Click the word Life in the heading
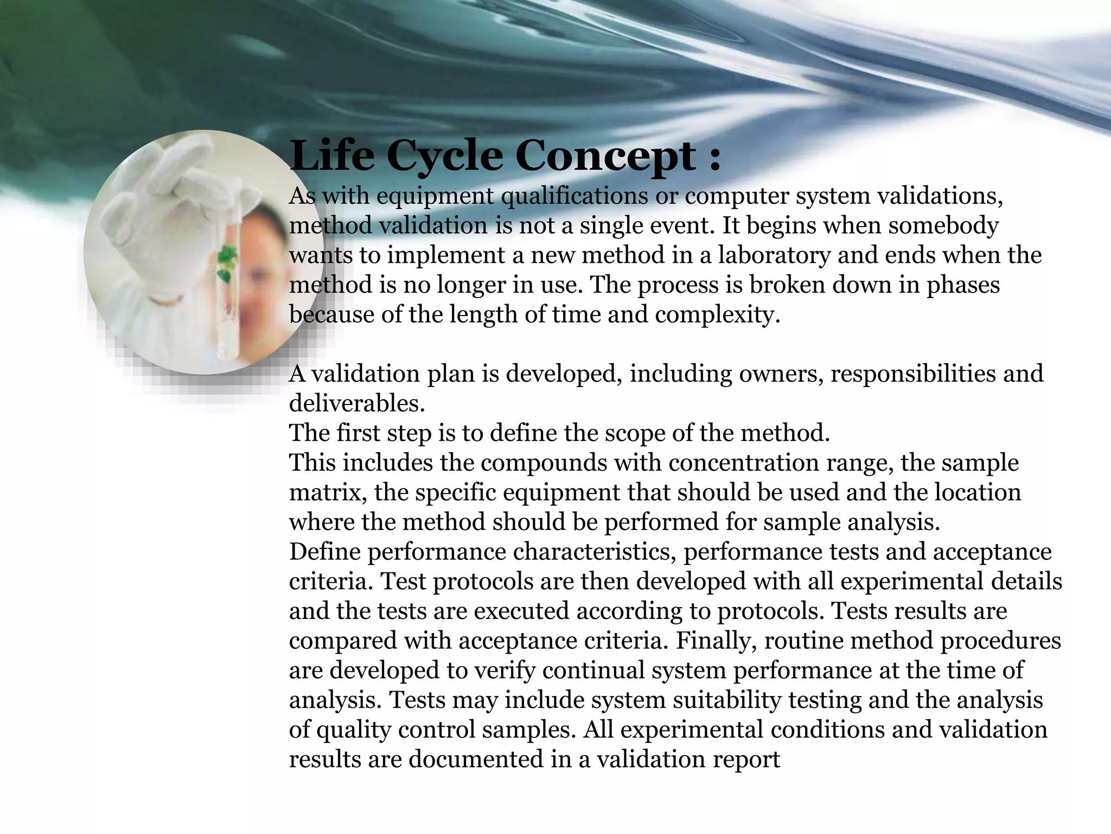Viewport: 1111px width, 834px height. click(x=332, y=156)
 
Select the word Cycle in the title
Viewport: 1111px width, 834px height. click(x=444, y=156)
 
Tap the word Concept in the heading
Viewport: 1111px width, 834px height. click(x=605, y=156)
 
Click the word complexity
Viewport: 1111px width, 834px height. click(x=717, y=315)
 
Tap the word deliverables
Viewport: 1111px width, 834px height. click(x=357, y=403)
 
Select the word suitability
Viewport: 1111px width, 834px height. click(x=726, y=700)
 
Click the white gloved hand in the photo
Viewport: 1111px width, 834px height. click(x=163, y=201)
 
